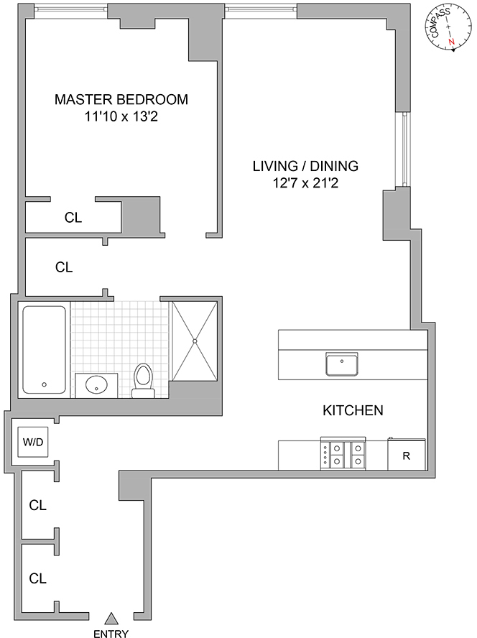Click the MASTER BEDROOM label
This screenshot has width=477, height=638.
click(121, 99)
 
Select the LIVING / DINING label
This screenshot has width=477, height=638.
click(305, 166)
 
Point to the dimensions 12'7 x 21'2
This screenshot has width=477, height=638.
click(305, 182)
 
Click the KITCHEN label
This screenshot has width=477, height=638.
click(352, 411)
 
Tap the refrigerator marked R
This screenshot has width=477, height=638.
click(406, 455)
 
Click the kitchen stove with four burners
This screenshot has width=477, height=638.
click(343, 454)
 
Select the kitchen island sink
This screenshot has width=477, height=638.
click(342, 364)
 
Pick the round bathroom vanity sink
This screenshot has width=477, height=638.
click(96, 385)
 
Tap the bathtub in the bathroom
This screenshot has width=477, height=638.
click(44, 350)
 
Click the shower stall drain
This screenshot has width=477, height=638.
click(195, 341)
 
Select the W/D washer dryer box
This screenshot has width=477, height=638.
click(33, 441)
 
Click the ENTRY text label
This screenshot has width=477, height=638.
click(111, 633)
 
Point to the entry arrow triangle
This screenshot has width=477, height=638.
click(111, 617)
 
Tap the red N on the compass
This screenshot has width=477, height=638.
click(452, 43)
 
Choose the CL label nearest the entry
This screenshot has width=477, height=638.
click(37, 577)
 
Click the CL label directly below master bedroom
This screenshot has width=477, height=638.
click(73, 218)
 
